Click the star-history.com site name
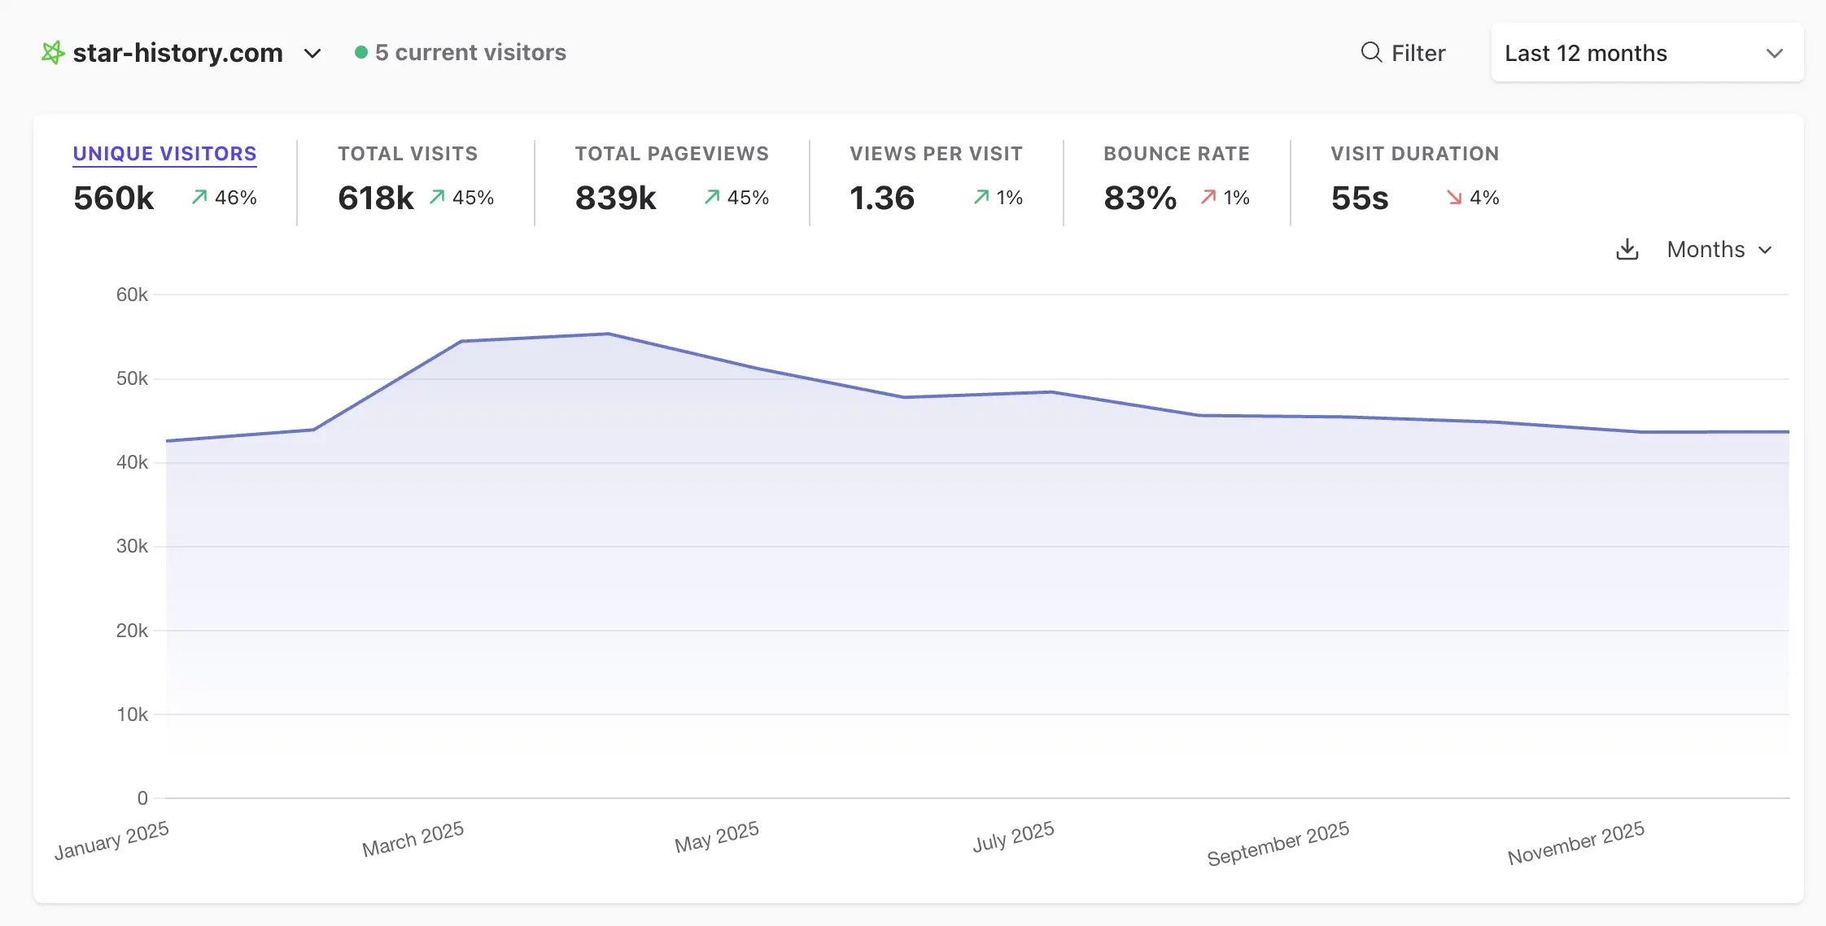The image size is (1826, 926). tap(177, 53)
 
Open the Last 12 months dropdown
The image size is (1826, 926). tap(1646, 53)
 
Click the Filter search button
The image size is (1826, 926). tap(1403, 53)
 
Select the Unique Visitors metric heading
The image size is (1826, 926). tap(164, 154)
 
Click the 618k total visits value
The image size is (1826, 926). tap(375, 198)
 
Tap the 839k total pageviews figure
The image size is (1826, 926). tap(615, 198)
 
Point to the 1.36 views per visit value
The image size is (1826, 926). tap(882, 198)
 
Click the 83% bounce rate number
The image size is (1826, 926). tap(1140, 198)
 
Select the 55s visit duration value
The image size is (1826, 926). tap(1360, 198)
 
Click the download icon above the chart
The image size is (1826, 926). tap(1627, 249)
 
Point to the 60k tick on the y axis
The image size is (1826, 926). tap(132, 295)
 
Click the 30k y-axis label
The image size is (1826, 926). tap(132, 546)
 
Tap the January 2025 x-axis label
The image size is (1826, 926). tap(111, 841)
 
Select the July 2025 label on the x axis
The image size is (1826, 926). tap(1013, 836)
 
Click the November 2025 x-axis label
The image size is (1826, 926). tap(1575, 843)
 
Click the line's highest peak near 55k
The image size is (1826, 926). tap(608, 334)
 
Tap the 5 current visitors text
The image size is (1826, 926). tap(470, 53)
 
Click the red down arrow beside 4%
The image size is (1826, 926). tap(1454, 198)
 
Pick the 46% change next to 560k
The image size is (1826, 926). tap(235, 198)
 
